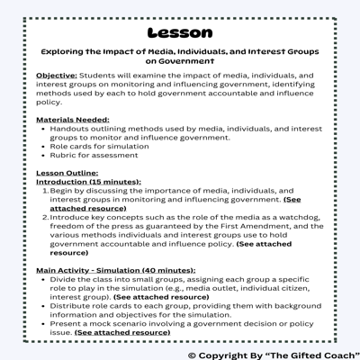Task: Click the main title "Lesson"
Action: tap(179, 32)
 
